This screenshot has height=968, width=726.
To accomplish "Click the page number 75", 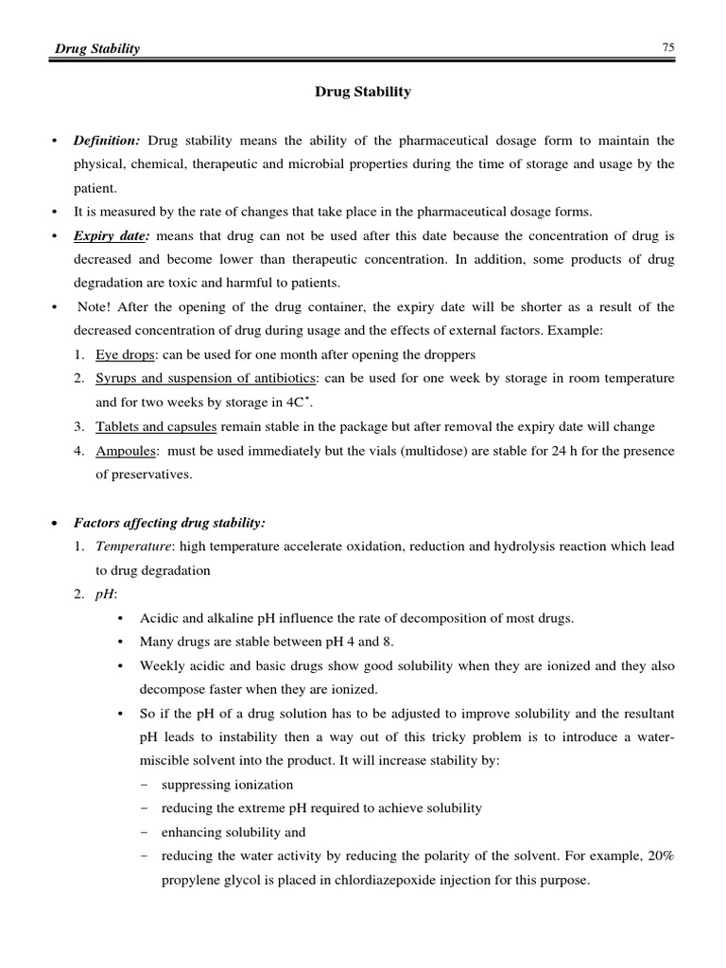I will point(667,48).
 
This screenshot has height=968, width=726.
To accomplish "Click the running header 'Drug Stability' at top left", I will point(95,49).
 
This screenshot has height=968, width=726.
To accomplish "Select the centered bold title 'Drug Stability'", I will point(363,92).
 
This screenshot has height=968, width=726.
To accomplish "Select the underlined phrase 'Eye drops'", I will point(123,354).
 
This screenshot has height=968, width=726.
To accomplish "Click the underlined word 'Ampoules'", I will point(123,451).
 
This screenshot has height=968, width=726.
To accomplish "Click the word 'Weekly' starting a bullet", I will point(163,665).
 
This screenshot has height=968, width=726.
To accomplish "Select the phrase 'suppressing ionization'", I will point(227,785).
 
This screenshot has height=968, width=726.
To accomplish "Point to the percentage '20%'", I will point(660,856).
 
